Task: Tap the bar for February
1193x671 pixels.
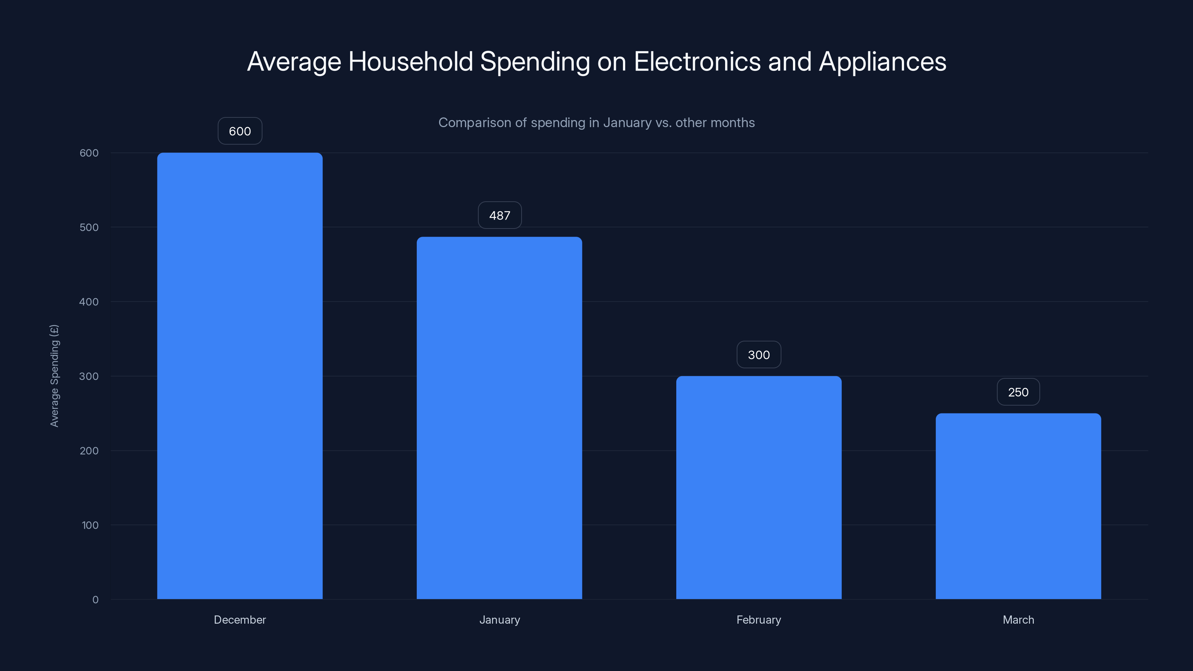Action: pos(759,487)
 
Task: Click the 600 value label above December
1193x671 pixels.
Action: pos(240,131)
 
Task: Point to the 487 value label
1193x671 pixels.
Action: pos(500,215)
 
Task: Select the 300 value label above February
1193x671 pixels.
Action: pos(759,355)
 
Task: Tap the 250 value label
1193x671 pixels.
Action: pos(1018,392)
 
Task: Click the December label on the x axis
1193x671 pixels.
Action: pos(239,620)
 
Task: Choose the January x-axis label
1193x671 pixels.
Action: pos(499,620)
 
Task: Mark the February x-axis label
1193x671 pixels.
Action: pos(759,620)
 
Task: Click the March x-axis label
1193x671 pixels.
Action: pos(1018,620)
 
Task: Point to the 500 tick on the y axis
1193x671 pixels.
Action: pos(89,227)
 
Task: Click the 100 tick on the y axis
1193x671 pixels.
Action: pos(90,525)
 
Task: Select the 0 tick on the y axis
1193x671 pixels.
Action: pos(95,600)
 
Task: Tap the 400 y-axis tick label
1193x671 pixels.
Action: pos(89,302)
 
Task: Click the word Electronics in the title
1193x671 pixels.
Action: pos(697,62)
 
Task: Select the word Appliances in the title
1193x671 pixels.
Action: pos(882,62)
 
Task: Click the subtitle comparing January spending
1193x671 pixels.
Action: pos(596,123)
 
